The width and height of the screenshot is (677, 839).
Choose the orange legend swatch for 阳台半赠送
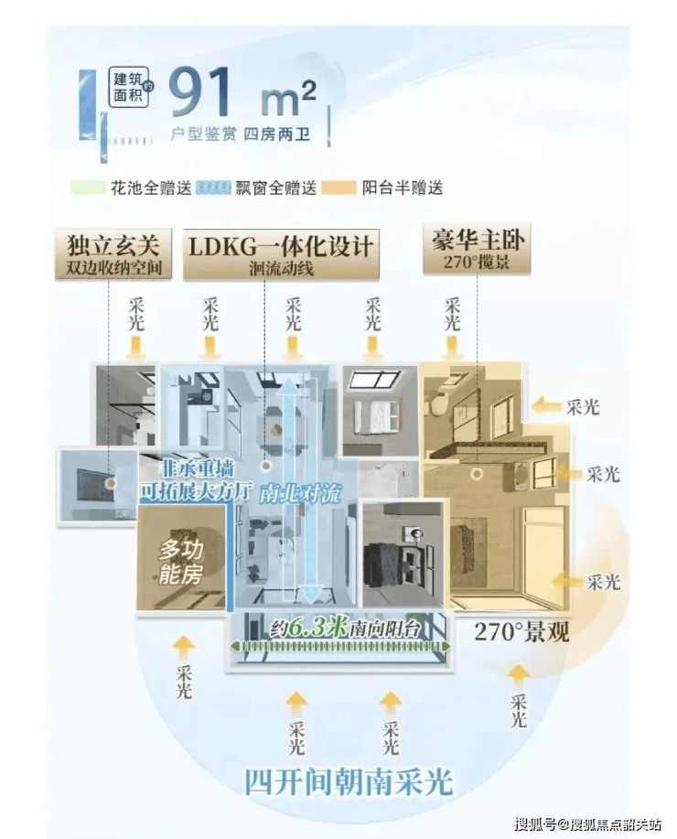point(343,188)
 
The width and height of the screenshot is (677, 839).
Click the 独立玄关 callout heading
point(113,244)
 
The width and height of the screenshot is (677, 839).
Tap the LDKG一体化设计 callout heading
point(281,246)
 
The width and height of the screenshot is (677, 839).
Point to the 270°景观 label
point(521,631)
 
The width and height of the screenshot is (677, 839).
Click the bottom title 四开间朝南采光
point(348,782)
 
